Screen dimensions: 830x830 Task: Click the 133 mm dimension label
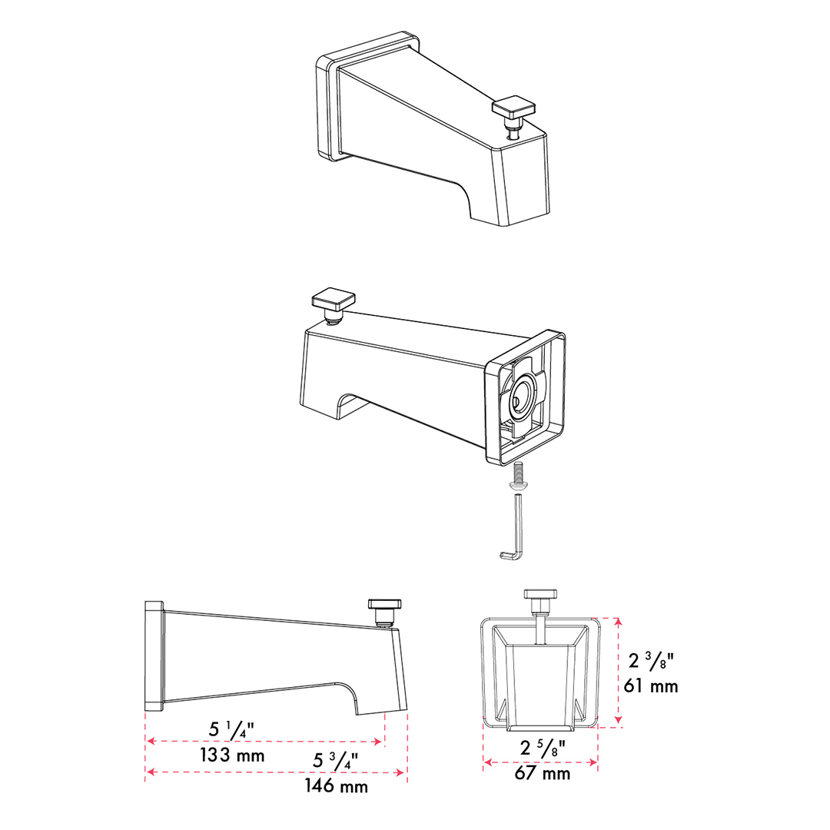click(232, 755)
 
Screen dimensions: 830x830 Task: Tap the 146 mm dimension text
click(336, 786)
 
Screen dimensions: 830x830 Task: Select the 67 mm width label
click(543, 773)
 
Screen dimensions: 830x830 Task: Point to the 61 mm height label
click(651, 686)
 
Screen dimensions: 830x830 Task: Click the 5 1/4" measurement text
click(231, 730)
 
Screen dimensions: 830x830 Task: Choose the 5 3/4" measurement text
click(336, 761)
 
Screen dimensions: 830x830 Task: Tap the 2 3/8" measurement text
click(651, 661)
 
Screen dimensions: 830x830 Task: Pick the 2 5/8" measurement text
click(543, 749)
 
